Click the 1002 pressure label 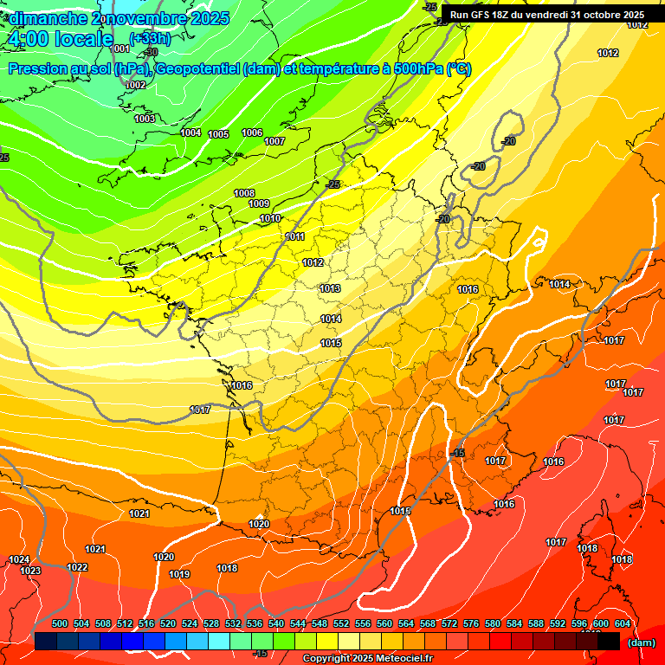pos(136,85)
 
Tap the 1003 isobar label pos(145,119)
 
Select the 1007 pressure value pos(274,141)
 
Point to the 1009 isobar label pos(259,203)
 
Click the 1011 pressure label pos(295,236)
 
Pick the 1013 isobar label pos(330,288)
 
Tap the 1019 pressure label pos(179,574)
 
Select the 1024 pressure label pos(19,560)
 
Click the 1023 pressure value pos(30,571)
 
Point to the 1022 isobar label pos(77,567)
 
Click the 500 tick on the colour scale pos(60,623)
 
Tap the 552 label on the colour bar pos(341,623)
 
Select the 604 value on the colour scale pos(623,623)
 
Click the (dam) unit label pos(641,642)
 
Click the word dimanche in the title pos(48,18)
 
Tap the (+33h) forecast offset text pos(150,38)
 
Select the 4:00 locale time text pos(60,39)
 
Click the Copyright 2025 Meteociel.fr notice pos(367,659)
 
